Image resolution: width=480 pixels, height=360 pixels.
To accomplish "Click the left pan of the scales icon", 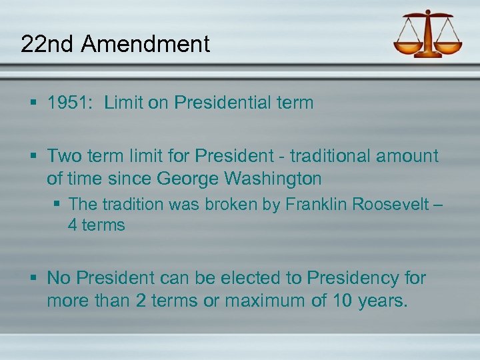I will pyautogui.click(x=407, y=48).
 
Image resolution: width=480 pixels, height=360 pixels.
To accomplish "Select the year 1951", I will pyautogui.click(x=70, y=103).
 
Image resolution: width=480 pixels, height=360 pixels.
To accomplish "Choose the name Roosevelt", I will pyautogui.click(x=388, y=204).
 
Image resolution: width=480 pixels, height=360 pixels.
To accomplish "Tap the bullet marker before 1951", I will pyautogui.click(x=33, y=103).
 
